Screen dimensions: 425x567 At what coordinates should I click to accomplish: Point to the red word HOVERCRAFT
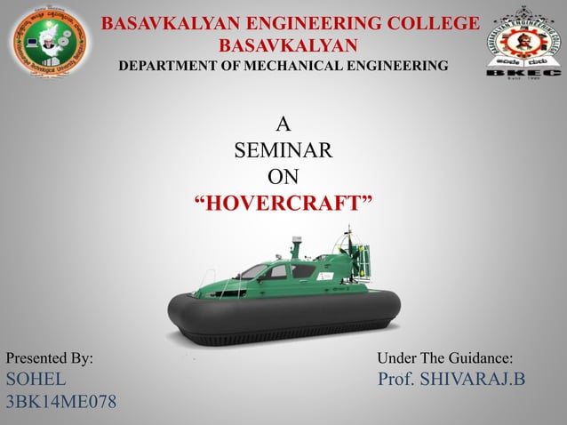pos(283,206)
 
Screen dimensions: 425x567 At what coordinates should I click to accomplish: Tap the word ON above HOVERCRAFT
pos(283,179)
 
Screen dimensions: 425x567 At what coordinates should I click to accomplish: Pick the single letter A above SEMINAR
pos(283,124)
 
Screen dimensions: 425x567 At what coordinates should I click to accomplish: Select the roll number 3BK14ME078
pos(60,403)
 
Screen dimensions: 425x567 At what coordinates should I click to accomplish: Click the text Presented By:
pos(50,358)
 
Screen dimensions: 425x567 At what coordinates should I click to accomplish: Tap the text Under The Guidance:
pos(445,358)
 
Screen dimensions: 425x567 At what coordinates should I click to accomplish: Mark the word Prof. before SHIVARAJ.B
pos(397,381)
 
